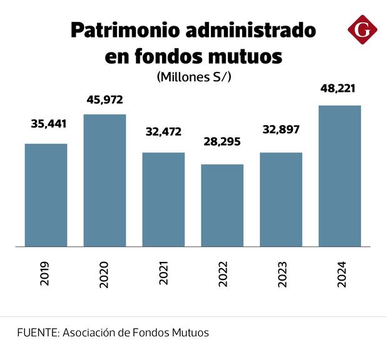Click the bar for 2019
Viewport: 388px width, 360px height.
[x=46, y=195]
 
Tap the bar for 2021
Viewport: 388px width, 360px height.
[x=163, y=199]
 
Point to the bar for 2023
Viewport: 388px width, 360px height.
[x=281, y=199]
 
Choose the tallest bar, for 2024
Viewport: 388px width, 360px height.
[x=340, y=176]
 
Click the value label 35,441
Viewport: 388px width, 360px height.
[x=48, y=123]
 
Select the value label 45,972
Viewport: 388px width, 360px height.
[x=105, y=99]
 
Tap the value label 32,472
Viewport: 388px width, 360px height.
[x=163, y=132]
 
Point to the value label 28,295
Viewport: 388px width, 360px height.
[x=222, y=142]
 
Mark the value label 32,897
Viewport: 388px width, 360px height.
[x=281, y=130]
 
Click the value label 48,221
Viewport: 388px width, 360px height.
[x=337, y=88]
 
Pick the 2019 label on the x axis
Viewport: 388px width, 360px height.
[x=46, y=274]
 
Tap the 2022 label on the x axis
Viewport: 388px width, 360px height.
[x=223, y=274]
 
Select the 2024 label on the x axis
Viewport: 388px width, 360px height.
[x=340, y=274]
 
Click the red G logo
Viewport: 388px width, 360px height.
[x=363, y=30]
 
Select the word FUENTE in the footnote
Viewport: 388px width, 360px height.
[x=36, y=332]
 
